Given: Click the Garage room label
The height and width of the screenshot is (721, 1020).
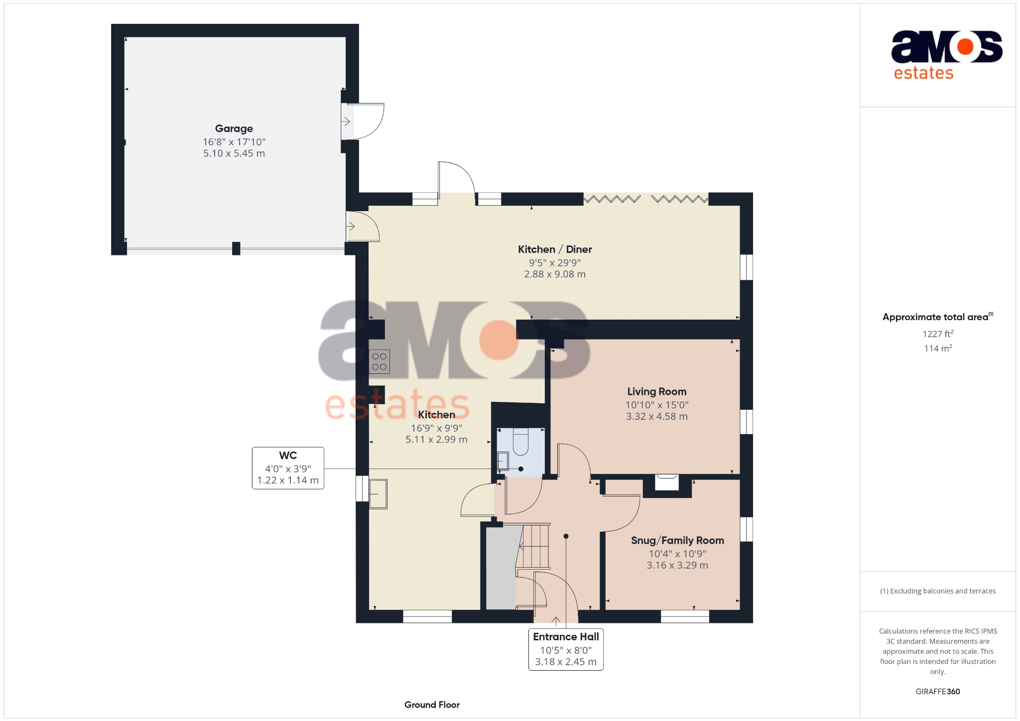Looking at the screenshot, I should [x=234, y=128].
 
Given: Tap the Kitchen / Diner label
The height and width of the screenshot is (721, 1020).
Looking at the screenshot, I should [x=554, y=249].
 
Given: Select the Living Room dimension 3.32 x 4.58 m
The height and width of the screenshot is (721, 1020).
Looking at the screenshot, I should [x=656, y=416].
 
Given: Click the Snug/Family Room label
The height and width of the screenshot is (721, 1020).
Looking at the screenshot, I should [x=677, y=540].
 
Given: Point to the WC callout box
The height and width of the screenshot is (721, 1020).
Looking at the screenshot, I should [x=288, y=468].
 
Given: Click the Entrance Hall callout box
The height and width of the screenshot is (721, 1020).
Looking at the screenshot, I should [x=565, y=649].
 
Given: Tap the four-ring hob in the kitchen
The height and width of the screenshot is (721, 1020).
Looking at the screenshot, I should [x=379, y=361].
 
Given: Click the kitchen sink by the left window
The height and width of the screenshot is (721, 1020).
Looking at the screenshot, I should [x=378, y=494].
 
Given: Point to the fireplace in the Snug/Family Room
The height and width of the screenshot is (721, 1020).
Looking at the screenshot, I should [x=666, y=482].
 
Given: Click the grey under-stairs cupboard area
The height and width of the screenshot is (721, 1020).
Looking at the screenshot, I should [x=501, y=568].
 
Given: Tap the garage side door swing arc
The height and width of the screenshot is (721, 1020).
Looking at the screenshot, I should [x=369, y=121].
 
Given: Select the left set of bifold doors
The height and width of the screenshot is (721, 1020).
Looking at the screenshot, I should [x=612, y=199].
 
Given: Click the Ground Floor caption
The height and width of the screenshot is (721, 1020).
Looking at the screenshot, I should [x=432, y=705].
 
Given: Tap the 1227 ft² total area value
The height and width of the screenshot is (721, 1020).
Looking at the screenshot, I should [x=937, y=334].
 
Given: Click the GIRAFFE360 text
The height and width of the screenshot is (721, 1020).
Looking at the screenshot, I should [x=937, y=692].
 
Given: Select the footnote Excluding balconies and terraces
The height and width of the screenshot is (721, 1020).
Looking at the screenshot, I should [x=937, y=591].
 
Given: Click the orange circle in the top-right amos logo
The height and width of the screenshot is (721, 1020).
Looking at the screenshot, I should [x=965, y=47].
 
